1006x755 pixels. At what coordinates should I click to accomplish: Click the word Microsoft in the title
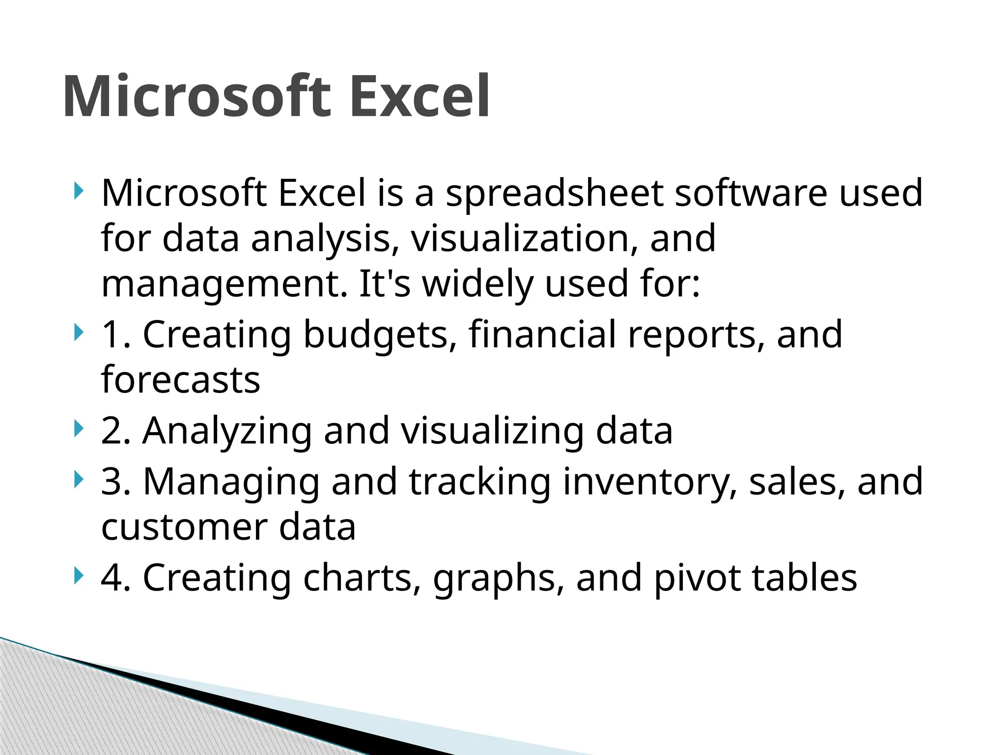tap(197, 96)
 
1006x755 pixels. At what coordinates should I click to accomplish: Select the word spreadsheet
tap(554, 194)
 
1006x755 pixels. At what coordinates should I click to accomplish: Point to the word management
tap(224, 285)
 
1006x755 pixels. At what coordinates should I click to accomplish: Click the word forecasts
tap(180, 380)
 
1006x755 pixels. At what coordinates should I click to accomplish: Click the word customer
tap(184, 528)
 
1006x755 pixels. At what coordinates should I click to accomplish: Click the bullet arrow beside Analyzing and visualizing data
tap(78, 429)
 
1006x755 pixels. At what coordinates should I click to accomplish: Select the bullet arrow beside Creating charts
tap(78, 576)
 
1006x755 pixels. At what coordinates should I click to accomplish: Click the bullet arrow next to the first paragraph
tap(78, 191)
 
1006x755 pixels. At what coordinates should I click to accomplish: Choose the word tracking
tap(479, 483)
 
